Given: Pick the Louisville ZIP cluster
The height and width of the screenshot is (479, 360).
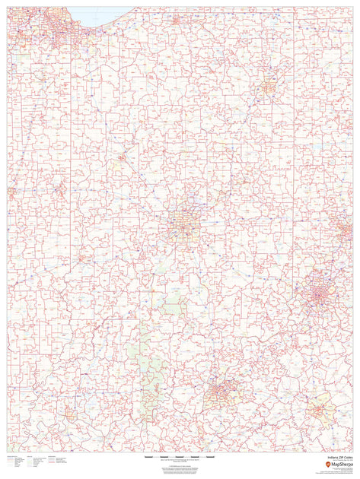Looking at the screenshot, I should pyautogui.click(x=222, y=392).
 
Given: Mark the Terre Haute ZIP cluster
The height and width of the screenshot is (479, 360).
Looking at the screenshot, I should pyautogui.click(x=59, y=189).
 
